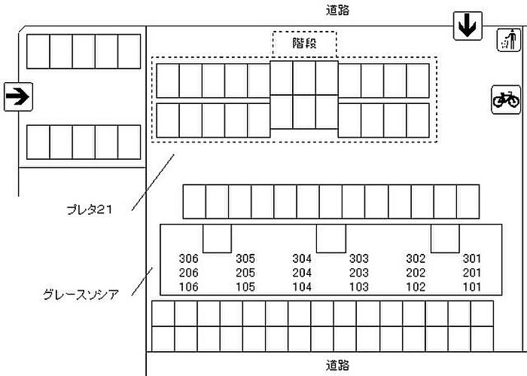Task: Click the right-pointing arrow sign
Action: [17, 96]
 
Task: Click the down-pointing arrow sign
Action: [467, 27]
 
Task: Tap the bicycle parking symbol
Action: [506, 99]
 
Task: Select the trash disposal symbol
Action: [508, 40]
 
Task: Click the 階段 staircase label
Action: [303, 44]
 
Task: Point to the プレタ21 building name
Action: [89, 210]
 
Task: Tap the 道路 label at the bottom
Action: [338, 365]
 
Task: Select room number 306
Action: [189, 258]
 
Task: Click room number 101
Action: [471, 287]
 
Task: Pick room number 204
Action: [302, 273]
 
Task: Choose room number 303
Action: [358, 258]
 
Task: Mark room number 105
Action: [245, 287]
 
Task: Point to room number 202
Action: [416, 273]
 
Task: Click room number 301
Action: [471, 258]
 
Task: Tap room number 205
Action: [245, 273]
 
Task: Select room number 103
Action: [358, 287]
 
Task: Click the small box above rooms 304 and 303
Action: [330, 238]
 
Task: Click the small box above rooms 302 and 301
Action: [444, 238]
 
